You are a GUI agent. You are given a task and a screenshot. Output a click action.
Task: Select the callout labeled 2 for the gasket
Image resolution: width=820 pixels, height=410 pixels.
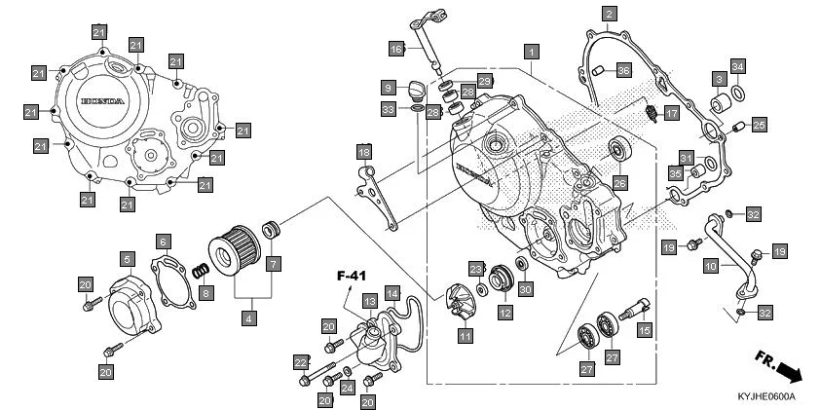click(609, 14)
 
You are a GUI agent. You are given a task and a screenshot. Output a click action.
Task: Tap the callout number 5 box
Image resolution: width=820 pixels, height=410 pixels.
click(128, 258)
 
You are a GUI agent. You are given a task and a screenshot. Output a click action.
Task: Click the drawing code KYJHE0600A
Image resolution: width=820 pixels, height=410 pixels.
click(766, 396)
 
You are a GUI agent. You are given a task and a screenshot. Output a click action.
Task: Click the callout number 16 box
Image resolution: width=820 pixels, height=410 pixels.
click(396, 49)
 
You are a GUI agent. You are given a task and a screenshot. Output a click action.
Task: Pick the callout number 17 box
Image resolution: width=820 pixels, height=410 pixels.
click(672, 114)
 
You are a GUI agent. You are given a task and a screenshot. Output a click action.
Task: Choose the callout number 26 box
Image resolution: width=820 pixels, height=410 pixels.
click(620, 182)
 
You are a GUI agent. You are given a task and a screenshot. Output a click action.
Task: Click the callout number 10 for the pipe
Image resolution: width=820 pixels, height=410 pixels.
click(711, 264)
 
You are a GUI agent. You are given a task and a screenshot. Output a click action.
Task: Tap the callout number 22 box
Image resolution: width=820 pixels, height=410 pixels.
click(300, 362)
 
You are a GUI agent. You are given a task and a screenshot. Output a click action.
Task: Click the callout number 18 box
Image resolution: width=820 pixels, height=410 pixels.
click(363, 152)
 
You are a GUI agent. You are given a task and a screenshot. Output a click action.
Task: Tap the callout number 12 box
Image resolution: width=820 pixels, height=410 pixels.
click(505, 313)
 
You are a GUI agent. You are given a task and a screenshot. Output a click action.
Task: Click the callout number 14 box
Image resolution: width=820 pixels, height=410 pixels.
click(392, 292)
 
